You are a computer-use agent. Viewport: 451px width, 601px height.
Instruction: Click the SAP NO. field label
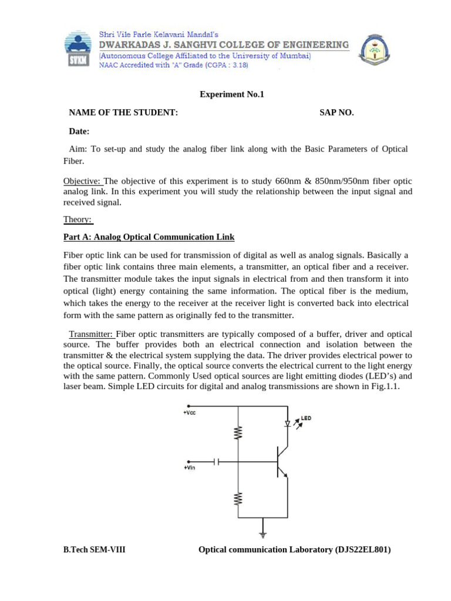pyautogui.click(x=336, y=113)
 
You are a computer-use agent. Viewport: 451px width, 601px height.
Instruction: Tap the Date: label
pyautogui.click(x=79, y=131)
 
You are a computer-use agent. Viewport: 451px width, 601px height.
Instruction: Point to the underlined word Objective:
pyautogui.click(x=82, y=181)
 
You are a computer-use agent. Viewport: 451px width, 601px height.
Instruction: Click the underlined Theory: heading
pyautogui.click(x=78, y=220)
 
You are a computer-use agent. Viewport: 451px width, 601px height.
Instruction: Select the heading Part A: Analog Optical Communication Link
pyautogui.click(x=149, y=237)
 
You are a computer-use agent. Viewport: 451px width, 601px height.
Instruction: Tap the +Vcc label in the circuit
pyautogui.click(x=190, y=413)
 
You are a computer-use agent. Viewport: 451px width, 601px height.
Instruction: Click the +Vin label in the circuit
pyautogui.click(x=190, y=468)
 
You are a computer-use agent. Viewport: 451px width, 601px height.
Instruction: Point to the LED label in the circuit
pyautogui.click(x=306, y=418)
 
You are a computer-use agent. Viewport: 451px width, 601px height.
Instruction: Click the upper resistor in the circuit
pyautogui.click(x=238, y=433)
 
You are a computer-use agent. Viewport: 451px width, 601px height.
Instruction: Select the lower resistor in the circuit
pyautogui.click(x=238, y=499)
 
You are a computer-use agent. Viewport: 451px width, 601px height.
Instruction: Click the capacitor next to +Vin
pyautogui.click(x=217, y=461)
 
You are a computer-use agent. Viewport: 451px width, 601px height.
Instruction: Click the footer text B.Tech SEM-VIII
pyautogui.click(x=94, y=550)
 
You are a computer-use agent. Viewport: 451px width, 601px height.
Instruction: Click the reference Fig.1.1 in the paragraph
pyautogui.click(x=385, y=387)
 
